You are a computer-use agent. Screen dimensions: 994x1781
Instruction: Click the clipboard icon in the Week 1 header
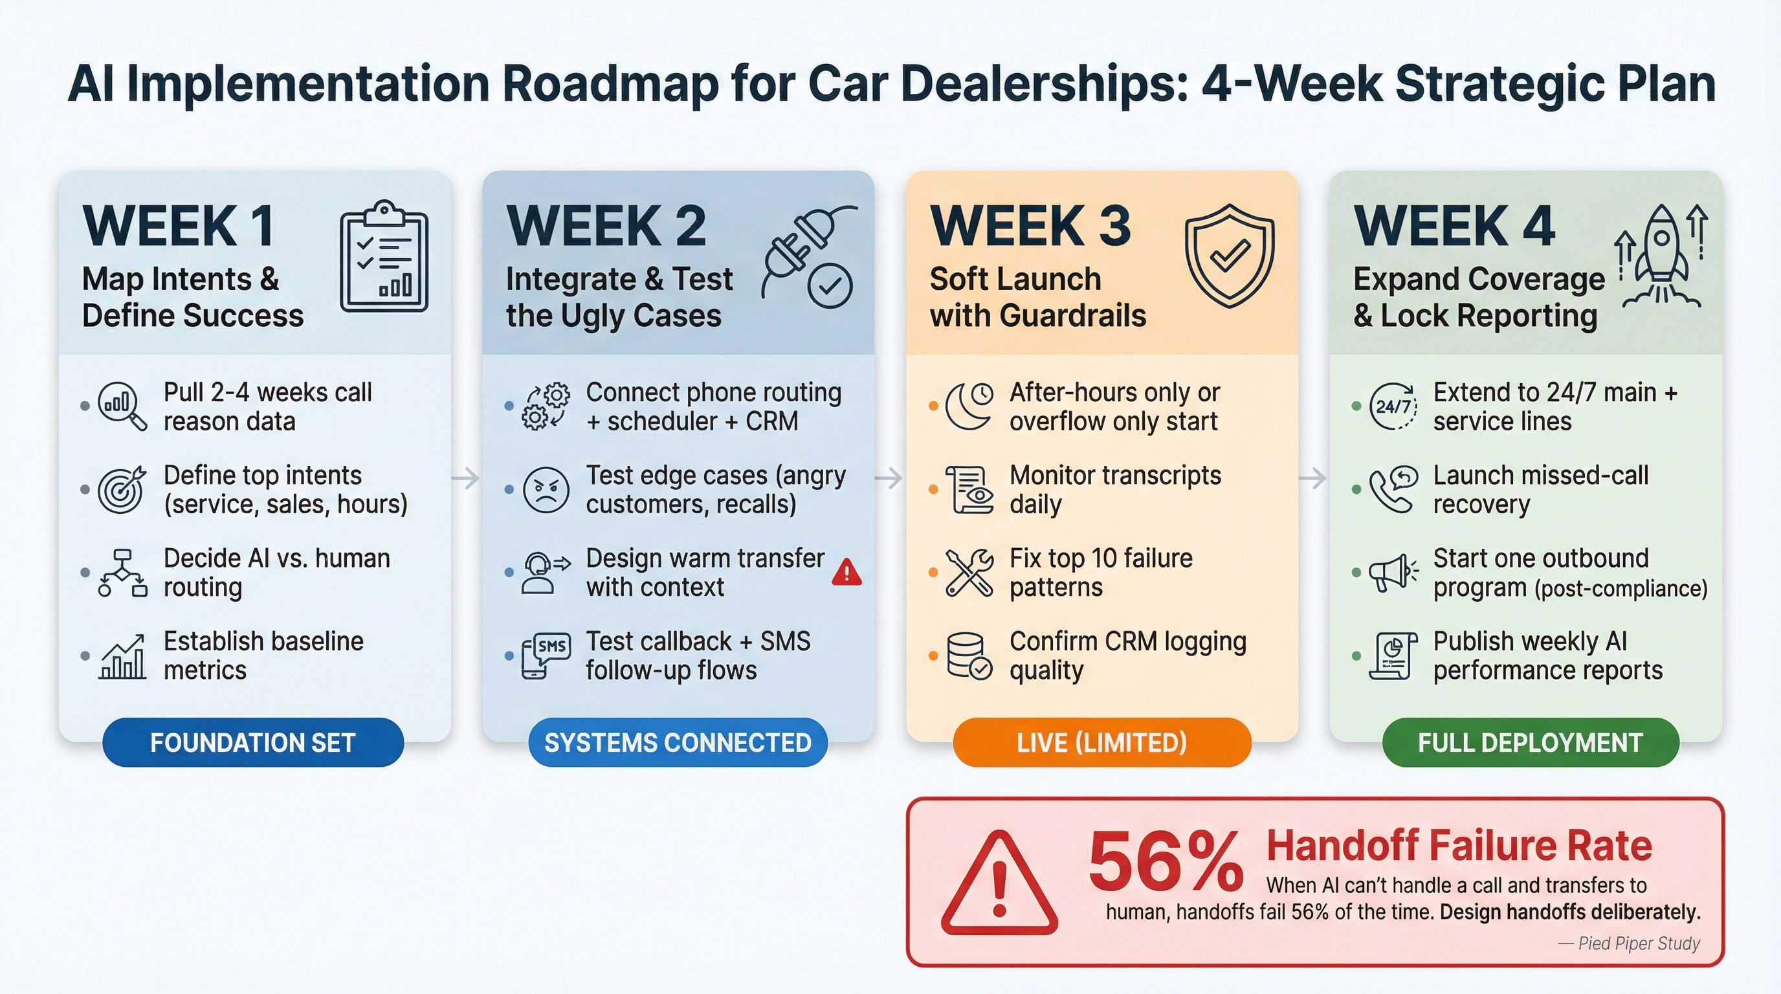[x=384, y=256]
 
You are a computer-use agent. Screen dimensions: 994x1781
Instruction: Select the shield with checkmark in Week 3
[x=1229, y=255]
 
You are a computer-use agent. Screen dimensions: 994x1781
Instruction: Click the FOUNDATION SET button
[x=253, y=742]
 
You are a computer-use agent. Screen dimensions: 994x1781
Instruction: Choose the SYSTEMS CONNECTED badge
[x=678, y=742]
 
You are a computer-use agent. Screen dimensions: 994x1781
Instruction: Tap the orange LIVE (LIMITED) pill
[x=1101, y=742]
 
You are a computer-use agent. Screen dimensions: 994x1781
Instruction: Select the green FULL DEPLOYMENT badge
[x=1530, y=742]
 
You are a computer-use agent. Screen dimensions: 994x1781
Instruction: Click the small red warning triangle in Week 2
[x=846, y=572]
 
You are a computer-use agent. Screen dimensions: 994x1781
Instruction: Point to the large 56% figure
[x=1166, y=863]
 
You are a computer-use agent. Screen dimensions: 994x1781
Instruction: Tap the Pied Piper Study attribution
[x=1629, y=944]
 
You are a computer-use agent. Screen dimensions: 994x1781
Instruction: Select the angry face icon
[x=546, y=489]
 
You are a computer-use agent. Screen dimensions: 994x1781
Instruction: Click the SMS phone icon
[x=546, y=656]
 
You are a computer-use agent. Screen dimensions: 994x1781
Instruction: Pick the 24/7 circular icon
[x=1393, y=406]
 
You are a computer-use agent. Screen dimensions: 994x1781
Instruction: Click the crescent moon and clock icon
[x=969, y=406]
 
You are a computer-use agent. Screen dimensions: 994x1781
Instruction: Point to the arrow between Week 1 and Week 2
[x=466, y=478]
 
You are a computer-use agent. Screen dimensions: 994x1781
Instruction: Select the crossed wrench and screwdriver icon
[x=969, y=572]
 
